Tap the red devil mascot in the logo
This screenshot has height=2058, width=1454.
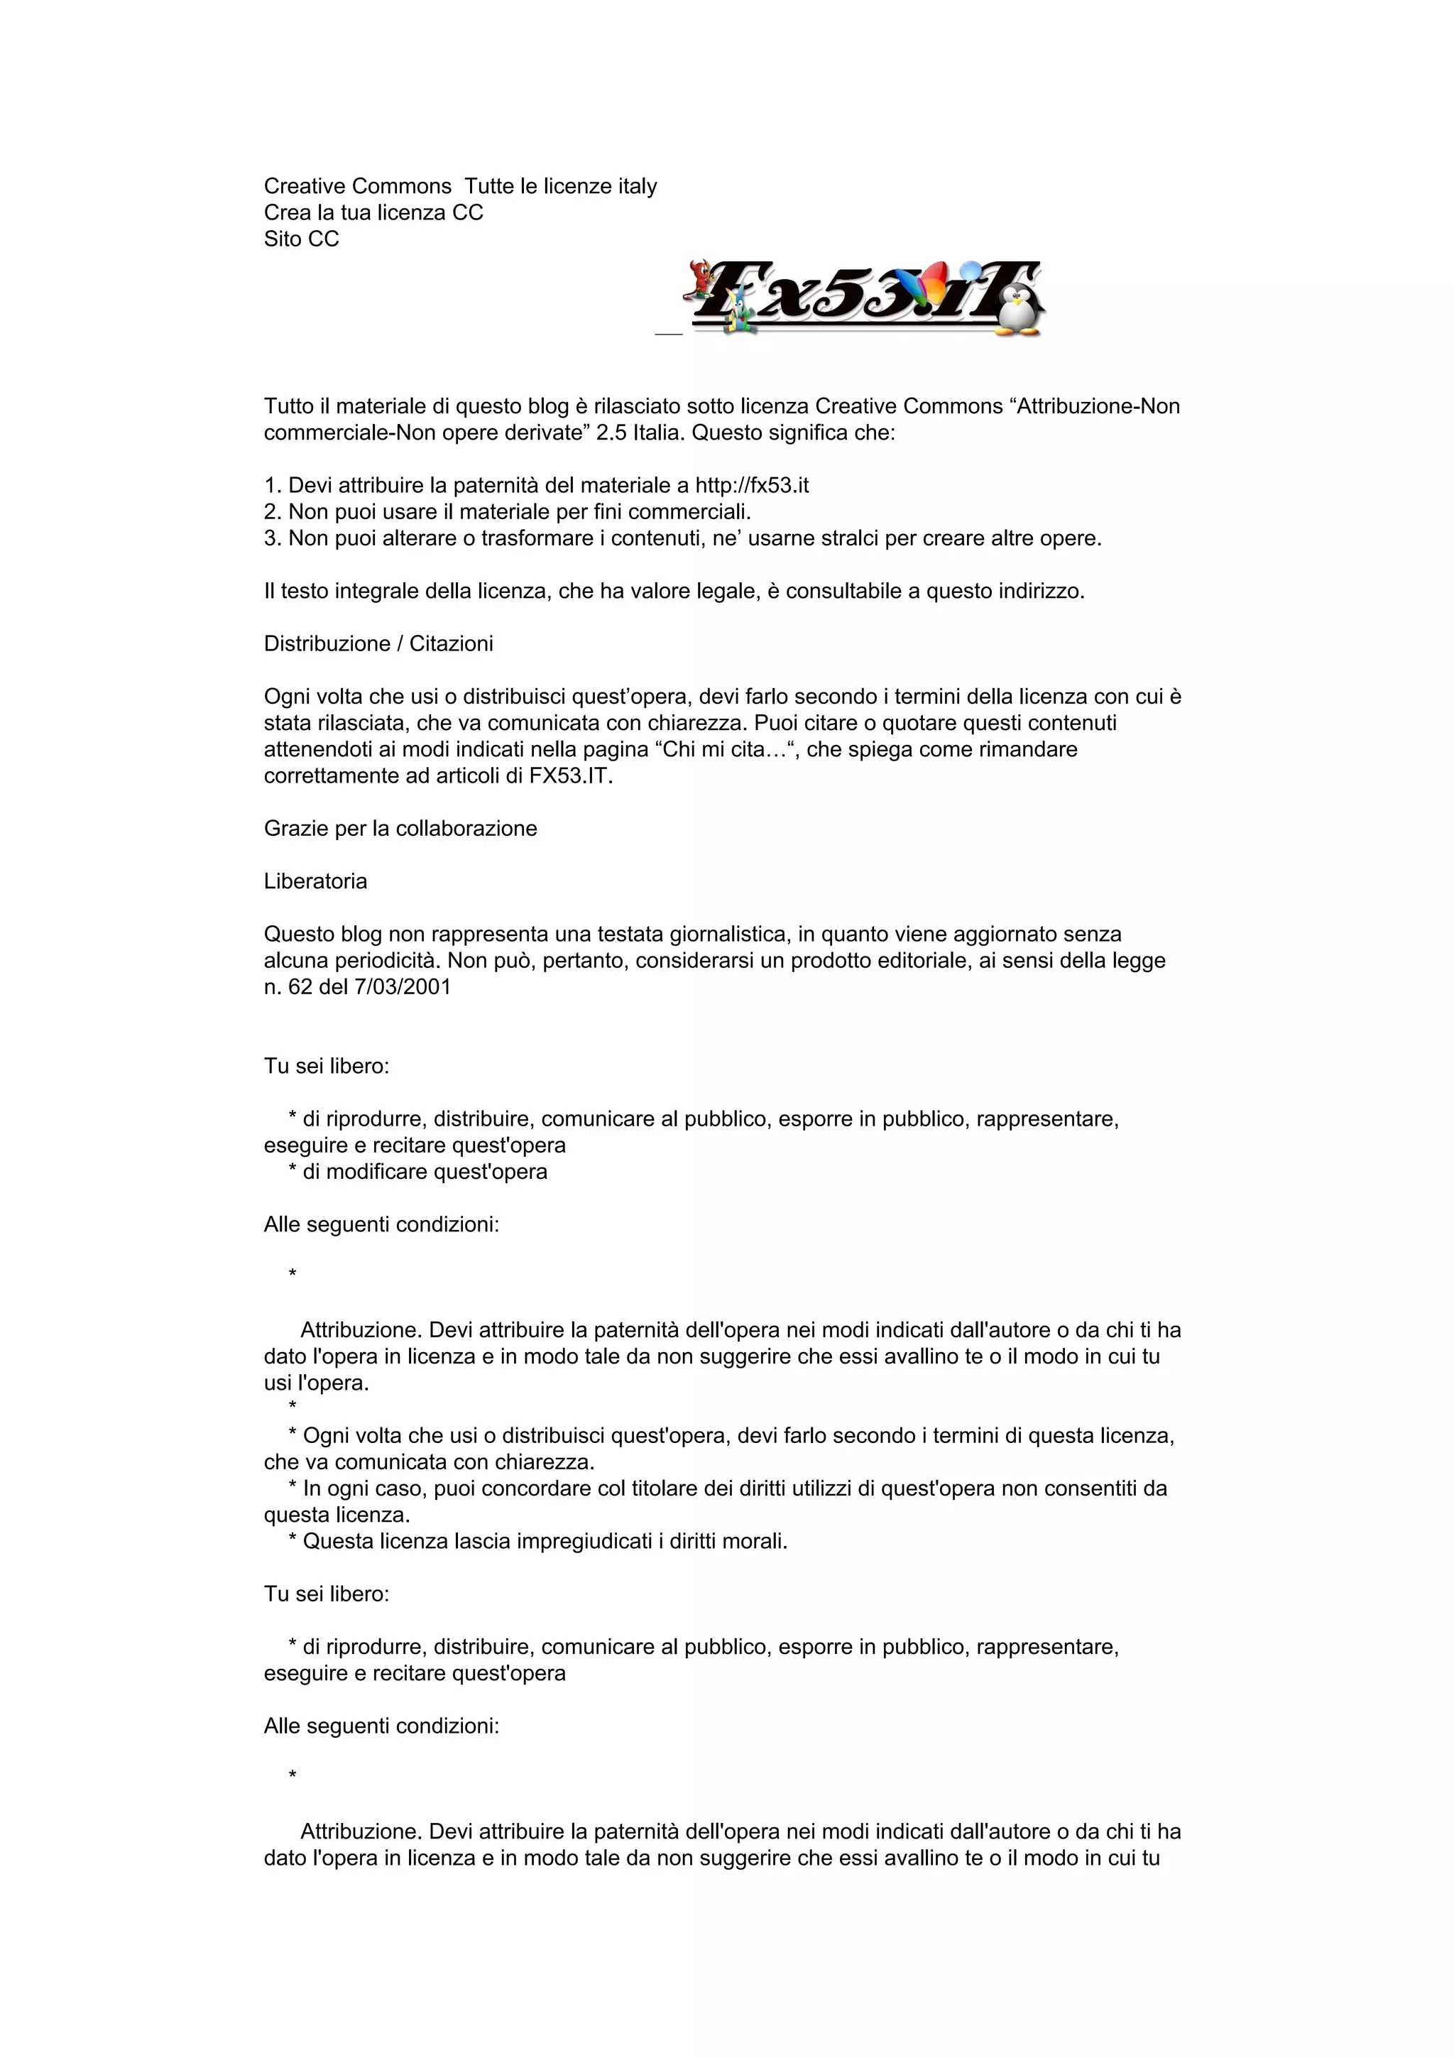[x=698, y=278]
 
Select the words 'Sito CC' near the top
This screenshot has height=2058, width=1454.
[x=301, y=239]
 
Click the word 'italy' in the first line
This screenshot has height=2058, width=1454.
[x=637, y=187]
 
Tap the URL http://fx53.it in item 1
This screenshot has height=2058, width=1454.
[x=752, y=486]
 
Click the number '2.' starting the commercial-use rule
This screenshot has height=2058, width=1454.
[x=273, y=512]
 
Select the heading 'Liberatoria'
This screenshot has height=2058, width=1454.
[x=315, y=882]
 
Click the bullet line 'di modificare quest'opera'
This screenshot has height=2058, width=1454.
[x=425, y=1172]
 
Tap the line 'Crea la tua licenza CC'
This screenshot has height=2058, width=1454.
[x=373, y=213]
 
